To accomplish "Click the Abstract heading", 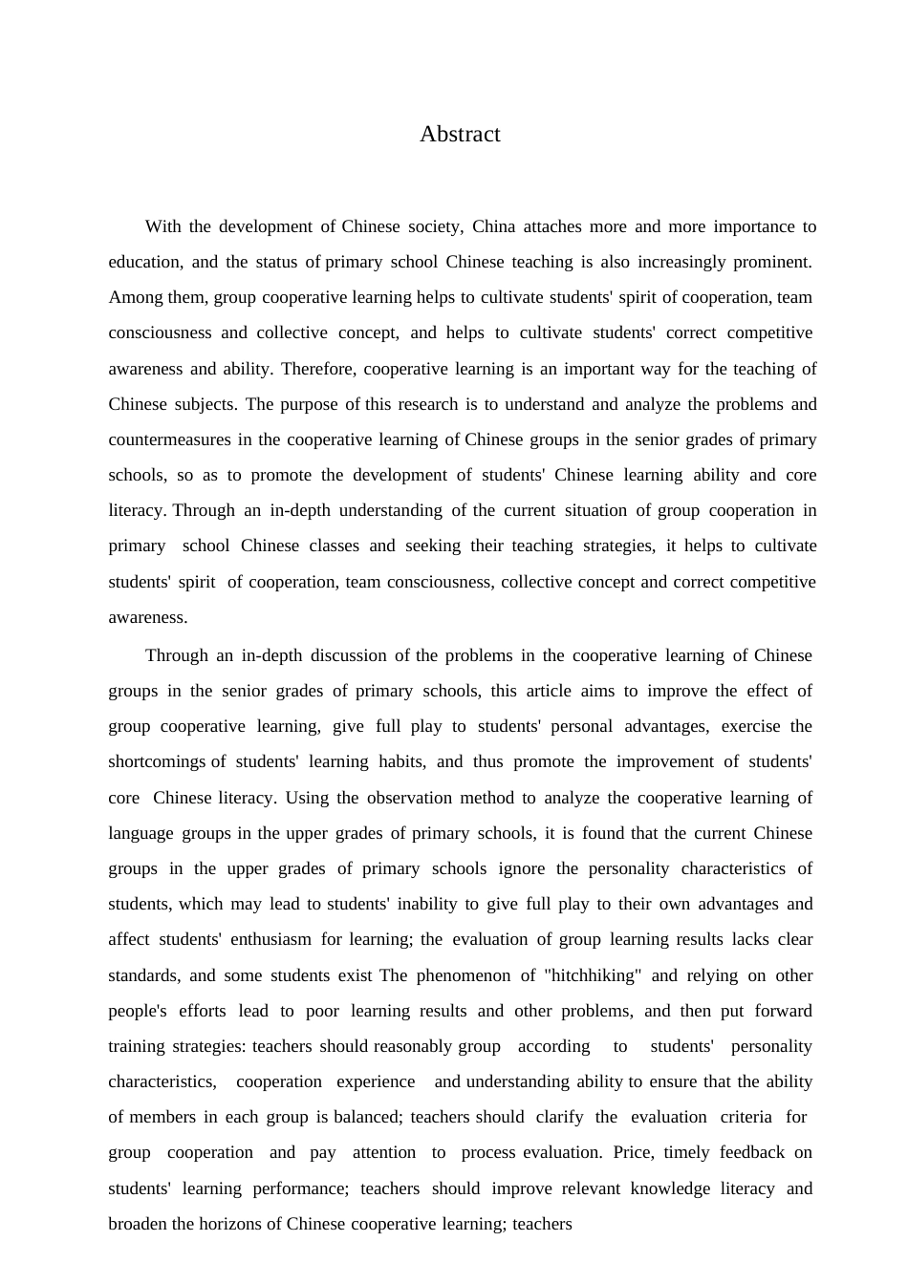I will pos(460,134).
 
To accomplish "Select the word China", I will pos(493,226).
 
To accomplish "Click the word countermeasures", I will pos(169,439).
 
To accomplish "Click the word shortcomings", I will pos(156,761).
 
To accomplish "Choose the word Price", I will pos(633,1152).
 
